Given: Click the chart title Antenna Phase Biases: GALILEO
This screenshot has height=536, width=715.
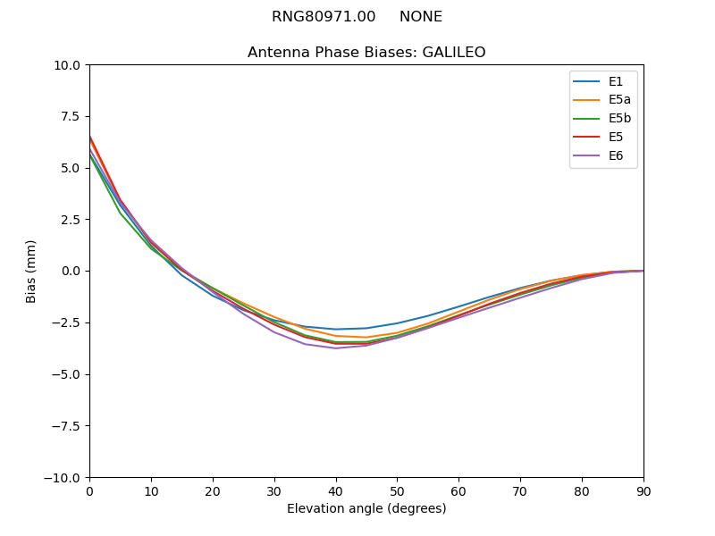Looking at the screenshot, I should point(366,53).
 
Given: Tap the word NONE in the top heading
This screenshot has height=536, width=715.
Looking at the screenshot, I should point(421,17).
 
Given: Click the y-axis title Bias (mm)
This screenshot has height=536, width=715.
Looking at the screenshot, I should point(31,271).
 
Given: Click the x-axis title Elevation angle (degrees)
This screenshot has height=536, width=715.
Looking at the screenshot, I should point(366,509).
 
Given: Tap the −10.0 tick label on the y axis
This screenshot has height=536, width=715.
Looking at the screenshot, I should point(65,477).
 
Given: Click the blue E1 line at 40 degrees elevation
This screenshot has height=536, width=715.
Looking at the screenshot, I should point(336,329).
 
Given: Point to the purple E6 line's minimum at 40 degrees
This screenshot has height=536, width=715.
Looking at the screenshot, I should point(336,348).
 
